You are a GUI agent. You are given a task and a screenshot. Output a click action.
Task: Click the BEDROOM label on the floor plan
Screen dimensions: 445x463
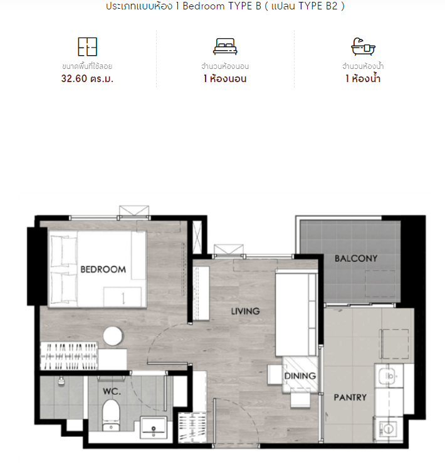point(103,269)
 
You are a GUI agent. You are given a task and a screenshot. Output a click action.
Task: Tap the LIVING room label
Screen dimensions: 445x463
point(245,311)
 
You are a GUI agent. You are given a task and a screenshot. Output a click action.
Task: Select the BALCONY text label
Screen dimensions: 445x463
point(356,259)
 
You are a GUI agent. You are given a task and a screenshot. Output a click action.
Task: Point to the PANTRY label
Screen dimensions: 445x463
point(350,397)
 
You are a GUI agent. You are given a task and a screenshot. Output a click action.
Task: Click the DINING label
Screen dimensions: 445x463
point(300,376)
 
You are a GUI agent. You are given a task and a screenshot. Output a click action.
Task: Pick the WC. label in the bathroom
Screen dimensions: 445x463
point(112,392)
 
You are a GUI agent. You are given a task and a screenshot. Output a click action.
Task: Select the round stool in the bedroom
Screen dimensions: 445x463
point(113,336)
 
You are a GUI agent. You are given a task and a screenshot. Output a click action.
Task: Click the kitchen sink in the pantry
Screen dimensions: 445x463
point(389,375)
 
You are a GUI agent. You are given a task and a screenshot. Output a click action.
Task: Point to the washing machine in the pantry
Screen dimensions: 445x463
point(388,429)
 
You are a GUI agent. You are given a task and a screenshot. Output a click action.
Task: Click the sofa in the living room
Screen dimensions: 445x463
point(296,314)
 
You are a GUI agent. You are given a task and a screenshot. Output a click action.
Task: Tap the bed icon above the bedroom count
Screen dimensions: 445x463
point(225,46)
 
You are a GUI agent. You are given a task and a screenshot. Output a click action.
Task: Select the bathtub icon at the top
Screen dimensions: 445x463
point(363,46)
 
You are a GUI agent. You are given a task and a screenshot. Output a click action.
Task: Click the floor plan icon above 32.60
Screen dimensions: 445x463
point(88,46)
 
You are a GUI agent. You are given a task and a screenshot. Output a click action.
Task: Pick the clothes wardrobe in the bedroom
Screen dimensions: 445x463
point(69,356)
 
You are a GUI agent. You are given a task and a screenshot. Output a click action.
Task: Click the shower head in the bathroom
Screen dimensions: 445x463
point(61,381)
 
